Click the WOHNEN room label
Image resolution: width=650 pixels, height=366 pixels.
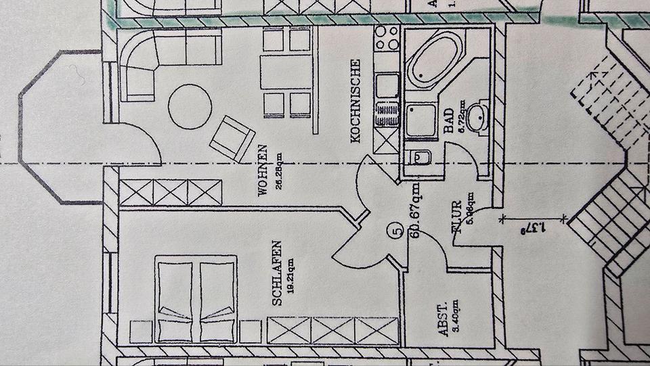click(x=262, y=170)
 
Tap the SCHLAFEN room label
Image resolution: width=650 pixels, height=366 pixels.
click(x=276, y=273)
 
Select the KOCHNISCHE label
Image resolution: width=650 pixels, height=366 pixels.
click(x=356, y=101)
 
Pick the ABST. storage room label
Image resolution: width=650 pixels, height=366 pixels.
click(x=443, y=319)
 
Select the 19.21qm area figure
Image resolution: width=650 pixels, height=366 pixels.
click(x=289, y=275)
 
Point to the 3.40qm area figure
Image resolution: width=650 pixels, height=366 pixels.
click(x=456, y=318)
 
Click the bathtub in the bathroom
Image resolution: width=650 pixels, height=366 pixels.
click(x=435, y=58)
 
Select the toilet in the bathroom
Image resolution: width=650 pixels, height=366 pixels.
click(x=420, y=158)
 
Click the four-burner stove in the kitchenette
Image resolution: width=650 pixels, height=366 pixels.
click(x=388, y=39)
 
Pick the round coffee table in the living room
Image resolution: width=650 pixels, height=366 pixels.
click(x=190, y=107)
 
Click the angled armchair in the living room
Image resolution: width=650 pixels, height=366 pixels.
click(x=232, y=138)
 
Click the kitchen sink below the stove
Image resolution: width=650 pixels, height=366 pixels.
click(x=388, y=85)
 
